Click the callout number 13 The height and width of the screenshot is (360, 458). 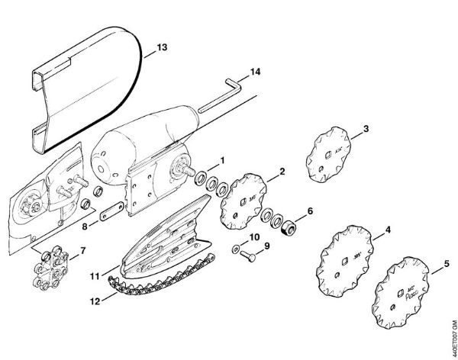point(162,47)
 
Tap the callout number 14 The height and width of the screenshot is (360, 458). point(254,73)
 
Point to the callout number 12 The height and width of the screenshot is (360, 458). point(96,301)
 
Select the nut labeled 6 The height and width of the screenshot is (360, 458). point(289,229)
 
